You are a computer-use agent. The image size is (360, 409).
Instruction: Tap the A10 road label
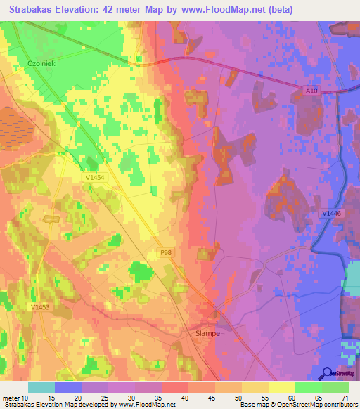tap(311, 89)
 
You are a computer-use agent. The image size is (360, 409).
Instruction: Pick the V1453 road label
tap(41, 307)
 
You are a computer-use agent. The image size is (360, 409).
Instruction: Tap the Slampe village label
tap(207, 334)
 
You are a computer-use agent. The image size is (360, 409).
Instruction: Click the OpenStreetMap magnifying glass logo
tap(328, 373)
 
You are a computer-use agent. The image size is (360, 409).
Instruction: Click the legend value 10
tap(26, 399)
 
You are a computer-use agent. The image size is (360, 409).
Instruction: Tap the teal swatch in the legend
tap(41, 388)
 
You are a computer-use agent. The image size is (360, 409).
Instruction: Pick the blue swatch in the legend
tap(67, 388)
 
